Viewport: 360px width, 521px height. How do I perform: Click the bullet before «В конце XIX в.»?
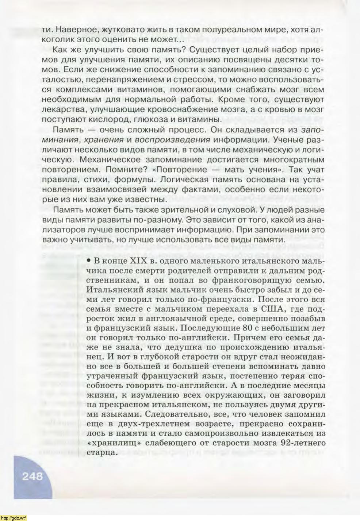tap(89, 262)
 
